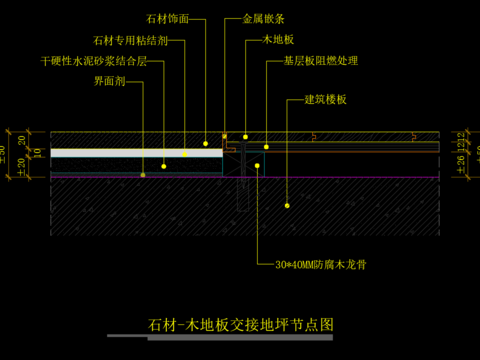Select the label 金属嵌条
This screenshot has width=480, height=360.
pos(263,18)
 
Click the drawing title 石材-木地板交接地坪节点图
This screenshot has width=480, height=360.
pos(240,325)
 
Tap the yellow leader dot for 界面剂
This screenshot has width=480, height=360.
pos(143,174)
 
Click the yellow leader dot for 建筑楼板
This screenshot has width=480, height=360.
pos(287,205)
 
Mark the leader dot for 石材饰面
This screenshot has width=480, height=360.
pos(206,144)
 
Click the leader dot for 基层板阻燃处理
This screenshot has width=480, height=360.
pos(266,147)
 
